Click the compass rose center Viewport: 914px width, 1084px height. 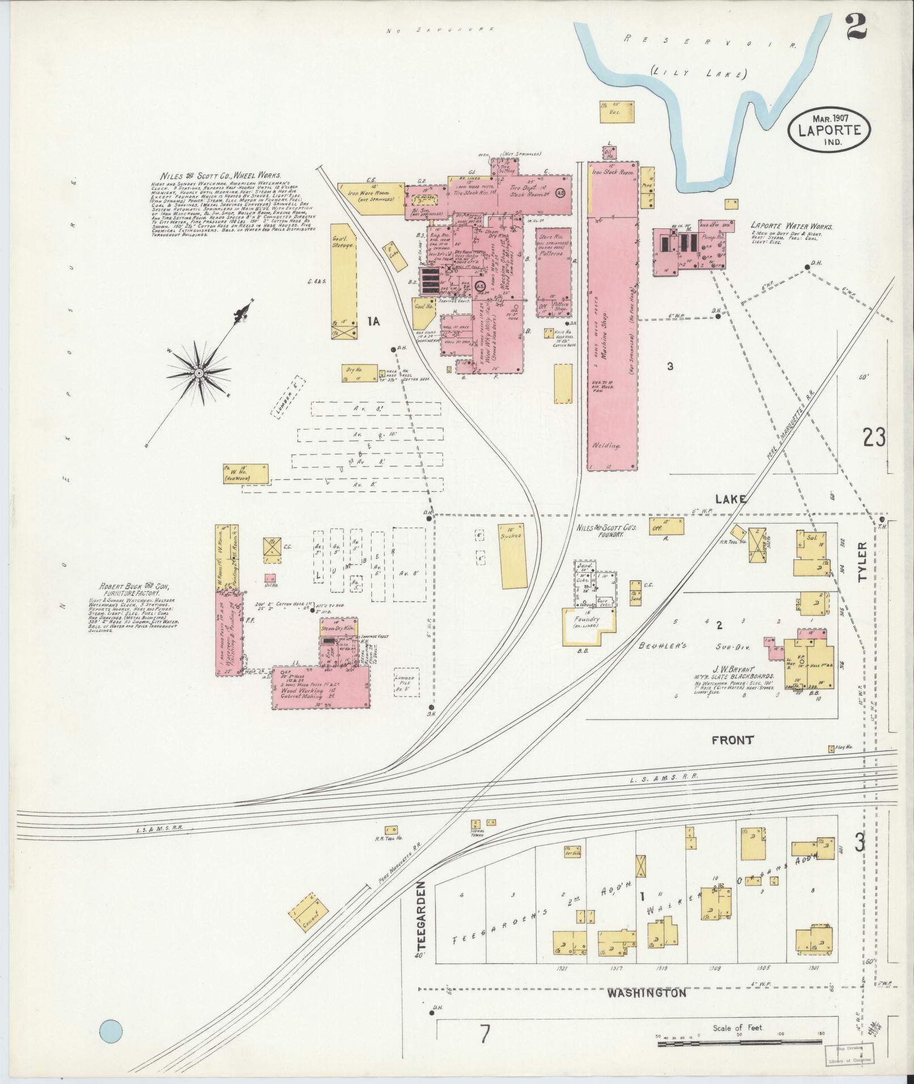(199, 373)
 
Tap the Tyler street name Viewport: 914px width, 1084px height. (862, 562)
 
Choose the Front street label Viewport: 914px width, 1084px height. (733, 739)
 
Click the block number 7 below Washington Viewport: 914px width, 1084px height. (484, 1034)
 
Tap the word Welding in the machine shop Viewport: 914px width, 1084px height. (606, 445)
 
